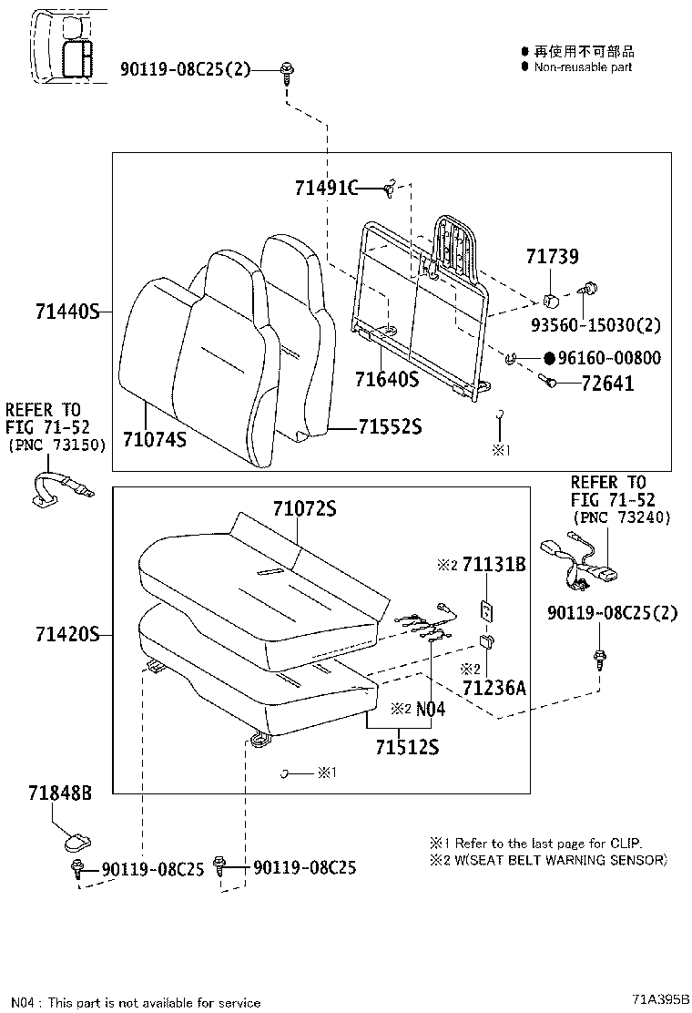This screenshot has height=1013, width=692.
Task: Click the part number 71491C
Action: (325, 188)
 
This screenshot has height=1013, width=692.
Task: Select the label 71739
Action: (551, 258)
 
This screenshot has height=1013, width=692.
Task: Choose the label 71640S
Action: (386, 378)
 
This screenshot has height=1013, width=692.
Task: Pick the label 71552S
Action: (390, 426)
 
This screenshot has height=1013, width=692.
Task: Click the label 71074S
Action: (155, 439)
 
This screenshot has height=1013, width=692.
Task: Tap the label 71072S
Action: (304, 508)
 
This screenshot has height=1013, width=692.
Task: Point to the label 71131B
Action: (494, 565)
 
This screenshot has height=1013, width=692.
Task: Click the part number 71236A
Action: (494, 688)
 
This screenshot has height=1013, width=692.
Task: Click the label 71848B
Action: (59, 793)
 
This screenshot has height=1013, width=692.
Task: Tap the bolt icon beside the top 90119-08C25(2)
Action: (287, 70)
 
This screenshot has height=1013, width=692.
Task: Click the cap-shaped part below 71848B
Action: (77, 834)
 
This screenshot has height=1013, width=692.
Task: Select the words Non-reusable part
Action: (583, 67)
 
